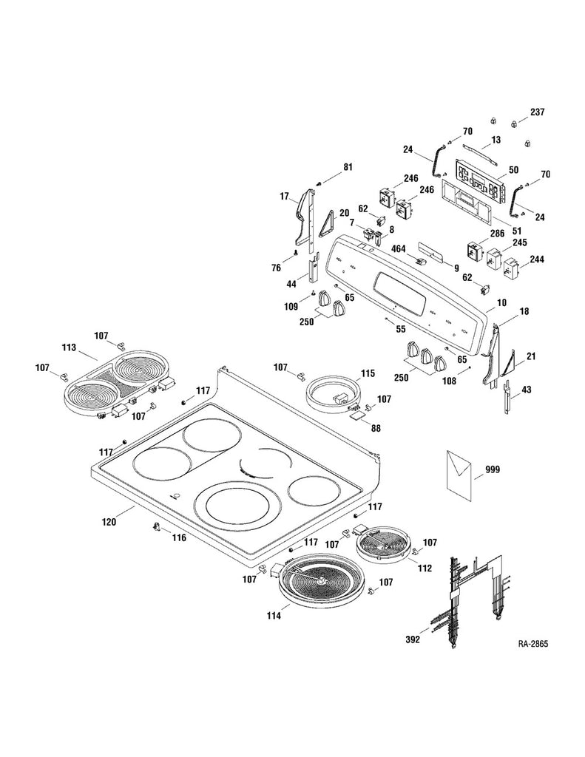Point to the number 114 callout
(274, 615)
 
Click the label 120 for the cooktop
(109, 522)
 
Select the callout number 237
(536, 112)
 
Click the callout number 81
(347, 168)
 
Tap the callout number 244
(536, 259)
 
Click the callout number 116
(179, 537)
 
